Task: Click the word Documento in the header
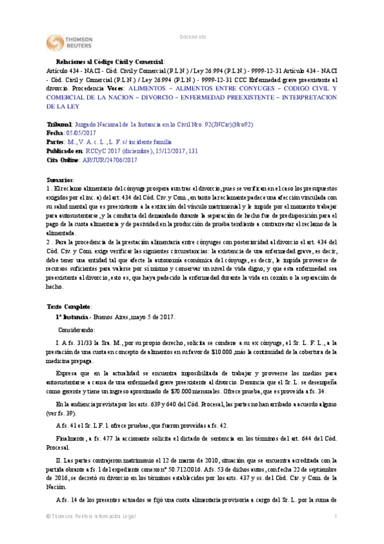click(192, 38)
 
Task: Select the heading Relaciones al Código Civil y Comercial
click(101, 62)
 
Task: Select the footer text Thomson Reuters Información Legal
click(81, 534)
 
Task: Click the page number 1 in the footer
click(335, 534)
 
